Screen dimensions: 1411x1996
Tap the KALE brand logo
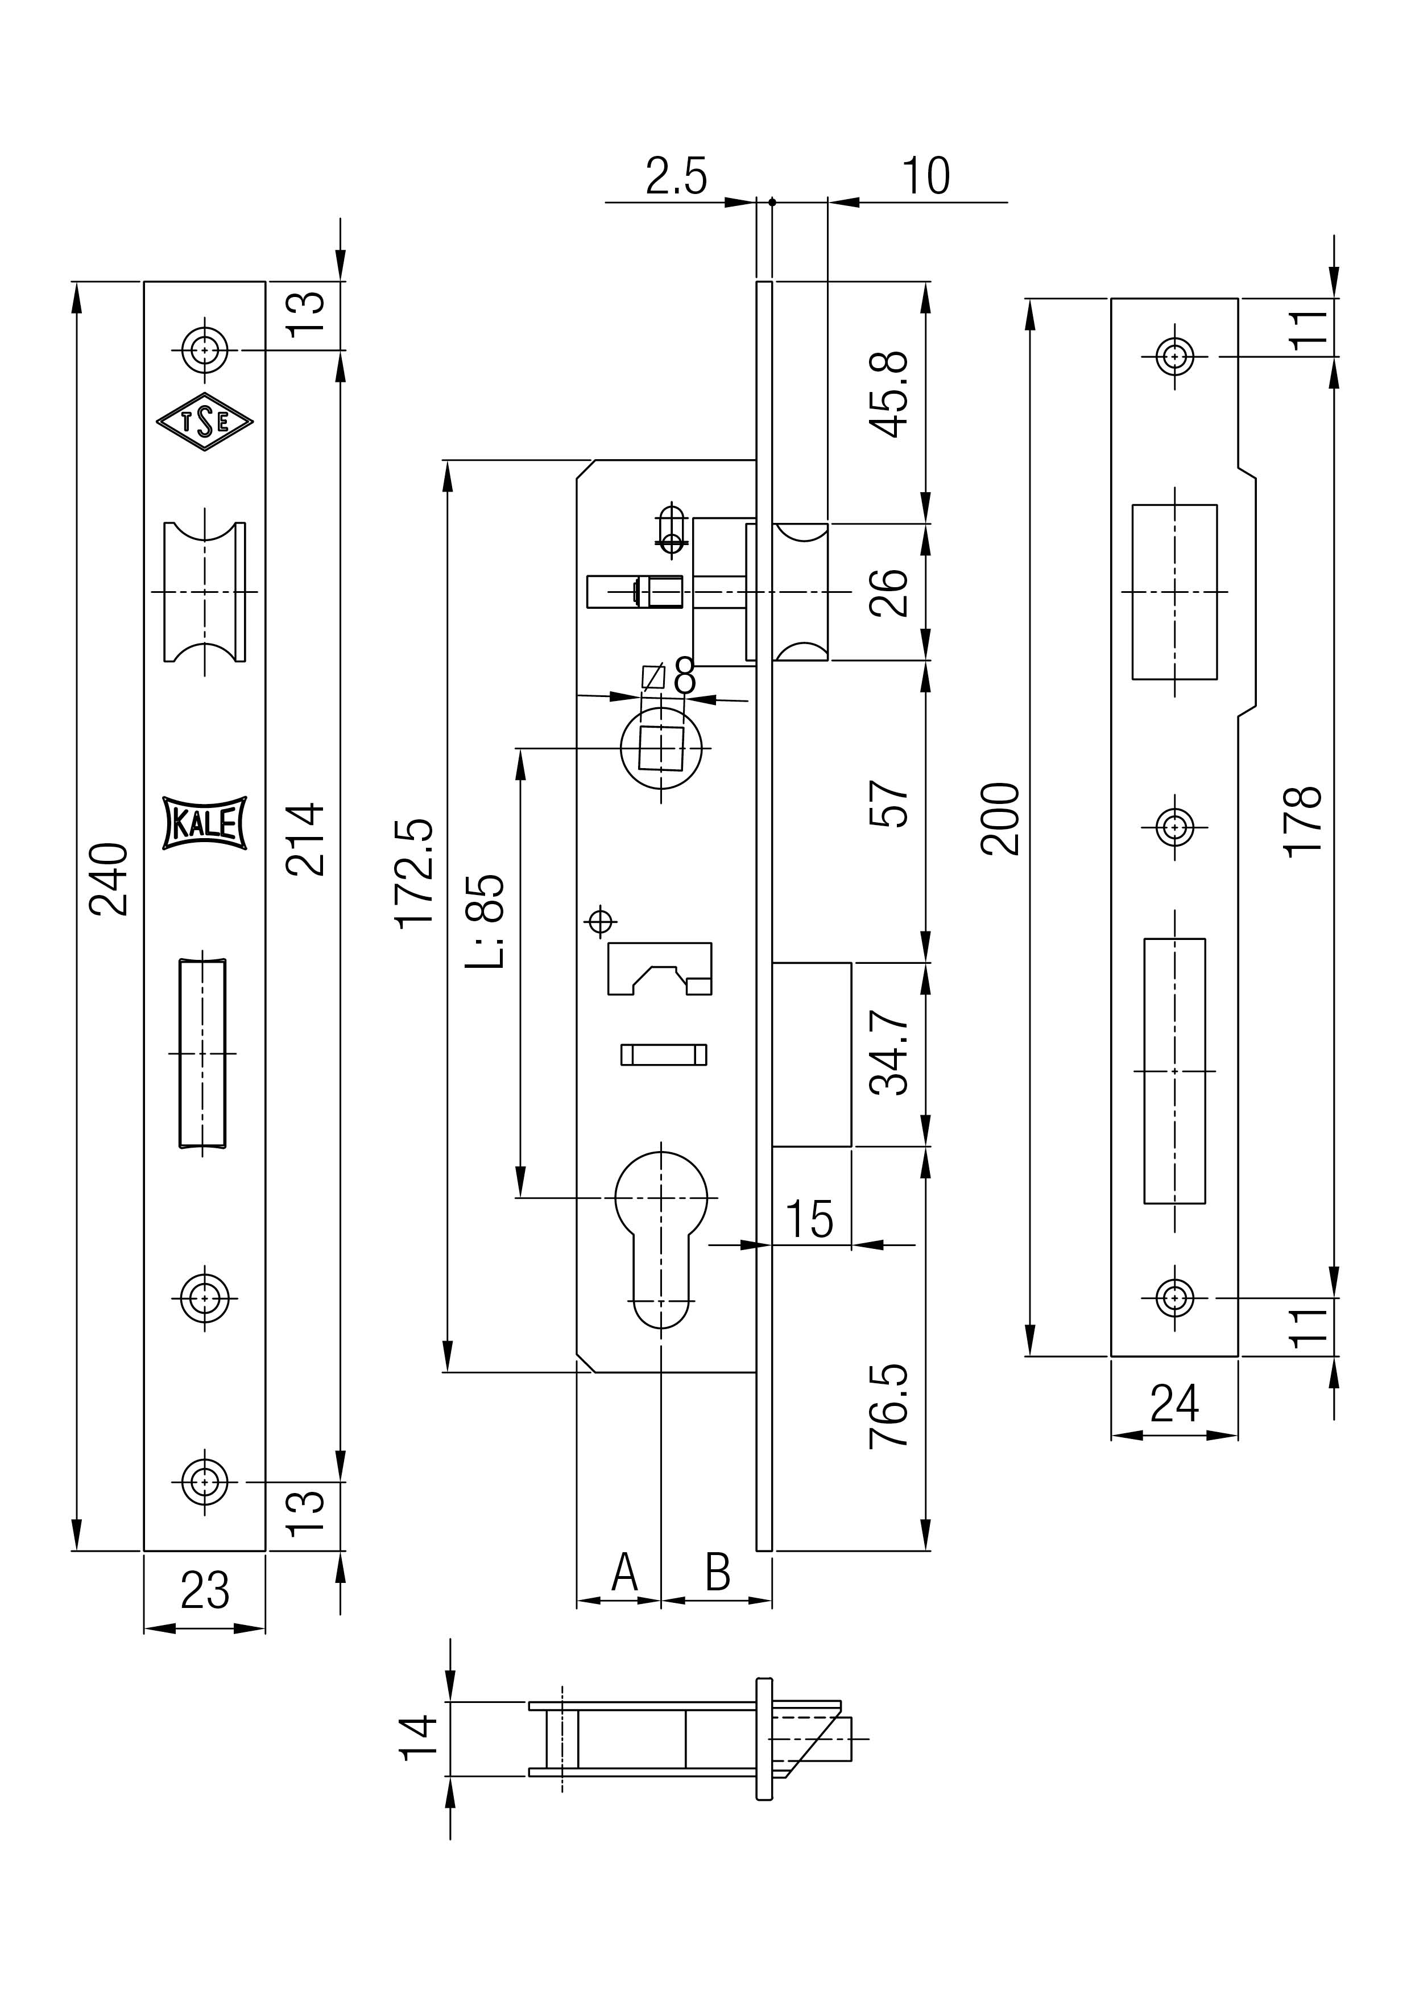tap(205, 822)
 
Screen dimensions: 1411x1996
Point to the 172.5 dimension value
tap(415, 874)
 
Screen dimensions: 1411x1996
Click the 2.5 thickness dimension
tap(677, 176)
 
